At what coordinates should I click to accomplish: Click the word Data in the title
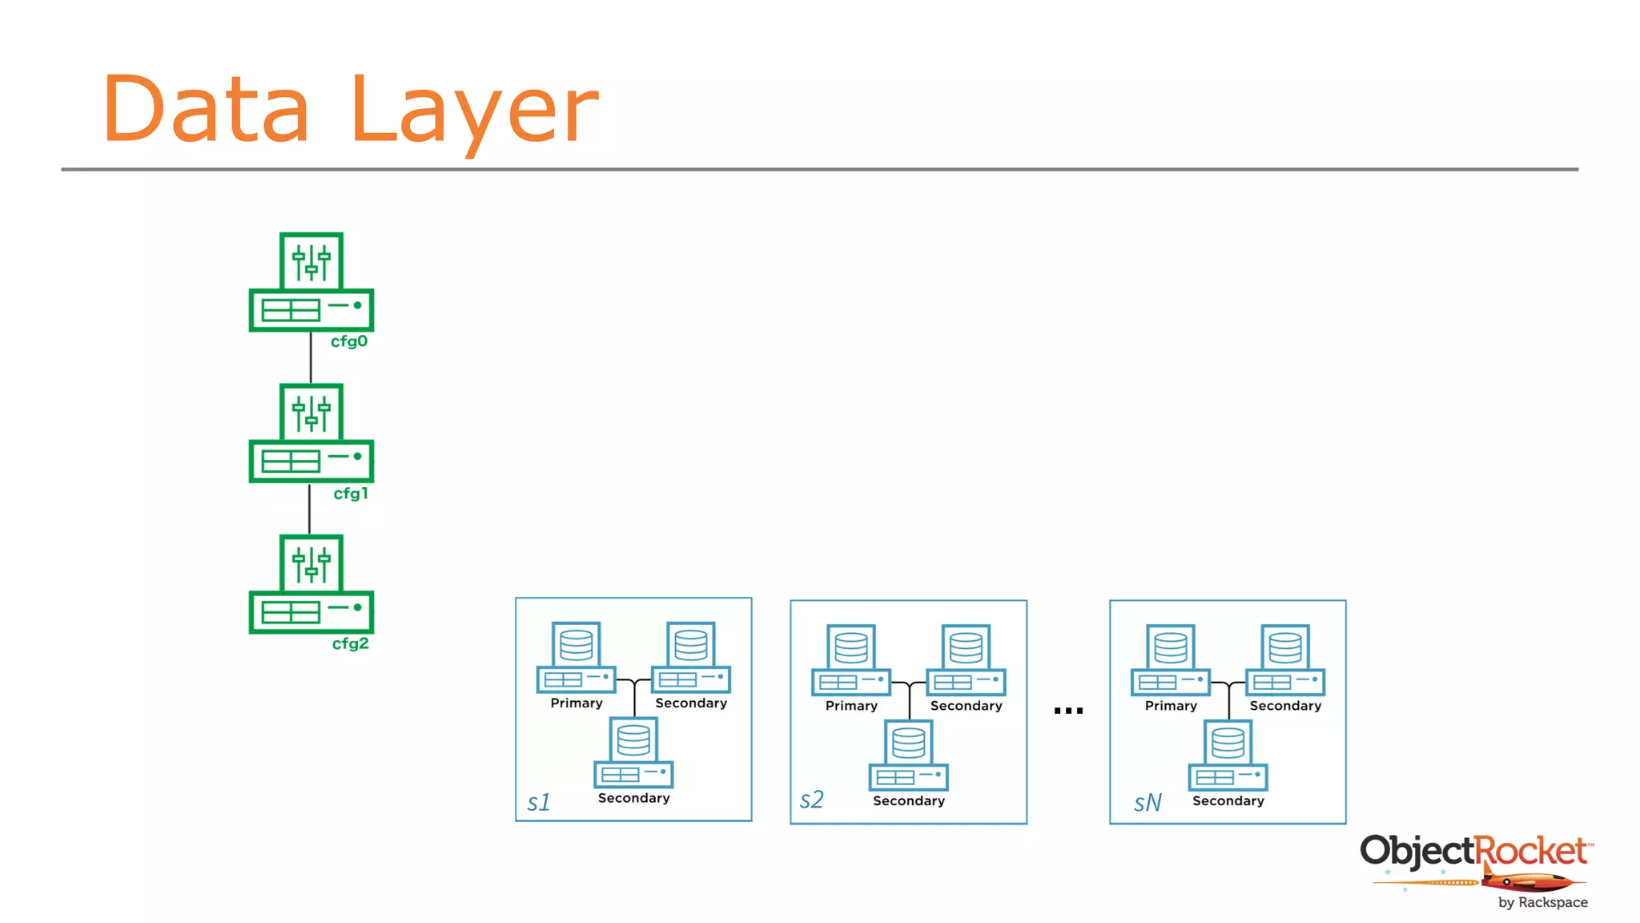[206, 110]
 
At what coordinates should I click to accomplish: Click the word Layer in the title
[474, 112]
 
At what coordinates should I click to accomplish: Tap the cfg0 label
[349, 341]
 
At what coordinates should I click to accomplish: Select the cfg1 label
[351, 494]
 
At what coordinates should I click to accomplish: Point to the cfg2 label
[351, 643]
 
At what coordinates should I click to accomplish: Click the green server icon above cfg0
[312, 282]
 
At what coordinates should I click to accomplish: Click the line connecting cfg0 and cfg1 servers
[311, 358]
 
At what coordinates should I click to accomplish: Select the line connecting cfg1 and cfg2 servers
[310, 509]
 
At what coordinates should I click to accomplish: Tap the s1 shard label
[539, 802]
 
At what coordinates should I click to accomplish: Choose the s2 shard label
[811, 800]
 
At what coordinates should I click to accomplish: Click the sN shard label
[1147, 803]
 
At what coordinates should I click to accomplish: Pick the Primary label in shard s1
[577, 703]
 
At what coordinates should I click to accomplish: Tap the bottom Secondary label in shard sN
[1228, 800]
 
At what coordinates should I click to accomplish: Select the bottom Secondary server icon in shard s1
[633, 752]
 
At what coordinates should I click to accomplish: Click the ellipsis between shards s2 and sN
[1068, 711]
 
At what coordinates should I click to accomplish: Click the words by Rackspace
[1542, 902]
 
